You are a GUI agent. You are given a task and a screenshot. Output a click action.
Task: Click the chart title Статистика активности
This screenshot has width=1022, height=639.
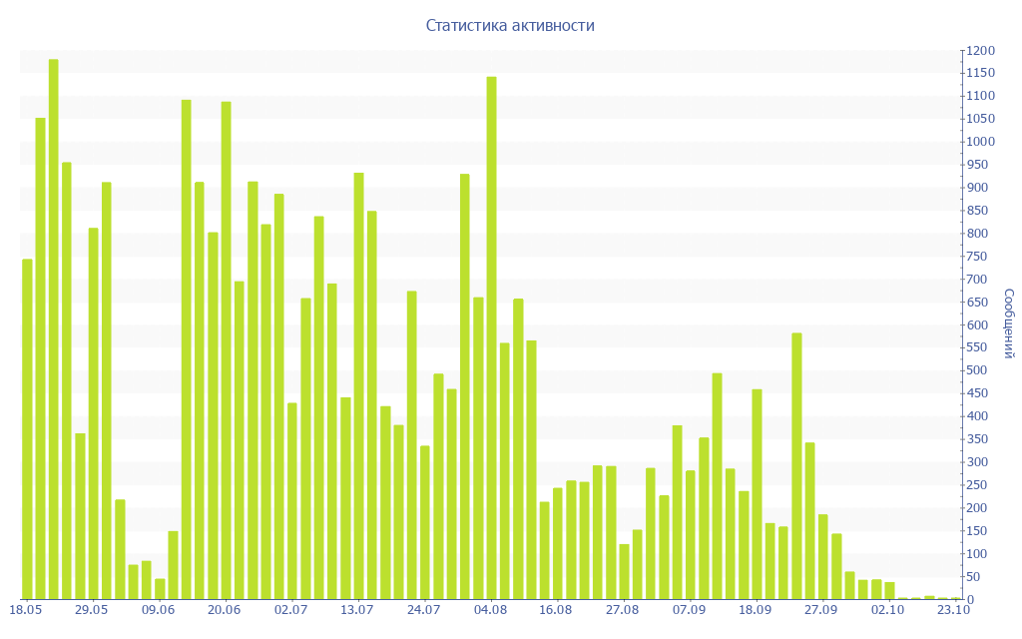click(x=510, y=25)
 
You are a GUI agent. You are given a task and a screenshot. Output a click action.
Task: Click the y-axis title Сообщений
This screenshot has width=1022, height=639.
click(x=1009, y=323)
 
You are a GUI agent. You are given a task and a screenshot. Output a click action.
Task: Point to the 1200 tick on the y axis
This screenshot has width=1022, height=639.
click(x=980, y=51)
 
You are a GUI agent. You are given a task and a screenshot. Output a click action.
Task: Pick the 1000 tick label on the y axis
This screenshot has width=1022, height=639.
click(x=980, y=142)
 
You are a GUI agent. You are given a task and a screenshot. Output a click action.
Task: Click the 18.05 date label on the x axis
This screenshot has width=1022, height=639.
click(x=25, y=609)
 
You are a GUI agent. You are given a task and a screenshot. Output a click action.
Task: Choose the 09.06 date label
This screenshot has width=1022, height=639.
click(x=158, y=609)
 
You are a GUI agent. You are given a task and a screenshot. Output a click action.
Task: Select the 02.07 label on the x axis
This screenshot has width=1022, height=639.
click(x=290, y=609)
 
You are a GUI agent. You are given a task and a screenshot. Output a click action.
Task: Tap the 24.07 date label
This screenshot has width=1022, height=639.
click(x=423, y=609)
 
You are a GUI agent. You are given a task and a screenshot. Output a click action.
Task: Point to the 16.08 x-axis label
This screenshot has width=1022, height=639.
click(x=556, y=609)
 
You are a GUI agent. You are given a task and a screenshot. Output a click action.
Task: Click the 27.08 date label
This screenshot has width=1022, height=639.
click(x=622, y=609)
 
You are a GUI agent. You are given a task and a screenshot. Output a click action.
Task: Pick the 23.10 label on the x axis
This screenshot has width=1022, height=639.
click(x=954, y=609)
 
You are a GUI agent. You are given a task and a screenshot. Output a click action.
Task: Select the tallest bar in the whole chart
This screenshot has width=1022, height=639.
click(x=54, y=329)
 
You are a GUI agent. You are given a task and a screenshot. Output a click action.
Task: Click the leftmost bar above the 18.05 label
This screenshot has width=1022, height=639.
click(x=27, y=429)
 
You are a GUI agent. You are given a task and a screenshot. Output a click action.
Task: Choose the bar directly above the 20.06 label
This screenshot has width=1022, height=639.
click(x=226, y=349)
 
